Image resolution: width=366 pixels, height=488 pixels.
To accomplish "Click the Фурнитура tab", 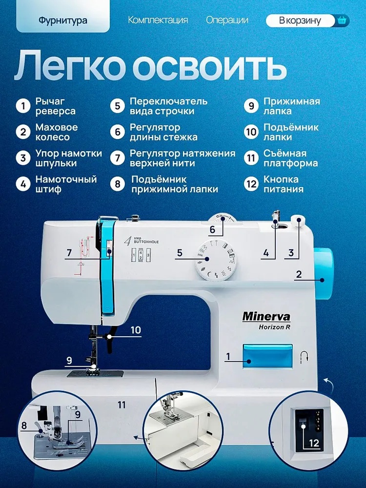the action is coord(63,20).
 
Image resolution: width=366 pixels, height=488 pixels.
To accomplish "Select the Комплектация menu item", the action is coord(158,20).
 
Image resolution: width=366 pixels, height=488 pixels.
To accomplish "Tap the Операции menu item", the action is coord(227,20).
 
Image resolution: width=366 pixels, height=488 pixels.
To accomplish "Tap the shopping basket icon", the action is coord(342,20).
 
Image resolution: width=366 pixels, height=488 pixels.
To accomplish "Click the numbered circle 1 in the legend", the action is coord(23,106).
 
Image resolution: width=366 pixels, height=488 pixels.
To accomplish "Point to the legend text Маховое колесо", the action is coord(57,132).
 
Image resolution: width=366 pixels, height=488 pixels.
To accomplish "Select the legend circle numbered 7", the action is coord(117,158).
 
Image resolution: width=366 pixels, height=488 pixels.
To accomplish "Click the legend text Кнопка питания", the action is coord(283,184).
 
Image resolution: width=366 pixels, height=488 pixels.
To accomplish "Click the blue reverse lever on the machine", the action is coord(267,356).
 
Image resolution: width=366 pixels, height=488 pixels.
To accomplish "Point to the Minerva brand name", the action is coord(266,317).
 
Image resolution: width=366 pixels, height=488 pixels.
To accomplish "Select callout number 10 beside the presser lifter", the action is coord(136,330).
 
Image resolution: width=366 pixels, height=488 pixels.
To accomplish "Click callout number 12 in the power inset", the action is coord(314,443).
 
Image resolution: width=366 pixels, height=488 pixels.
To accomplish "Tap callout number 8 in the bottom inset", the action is coord(24,425).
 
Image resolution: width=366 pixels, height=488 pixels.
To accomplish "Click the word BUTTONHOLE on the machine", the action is coord(146,242).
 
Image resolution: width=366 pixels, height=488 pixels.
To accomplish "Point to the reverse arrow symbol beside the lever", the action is coord(304,357).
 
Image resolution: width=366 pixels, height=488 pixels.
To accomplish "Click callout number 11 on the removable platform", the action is coord(122,405).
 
